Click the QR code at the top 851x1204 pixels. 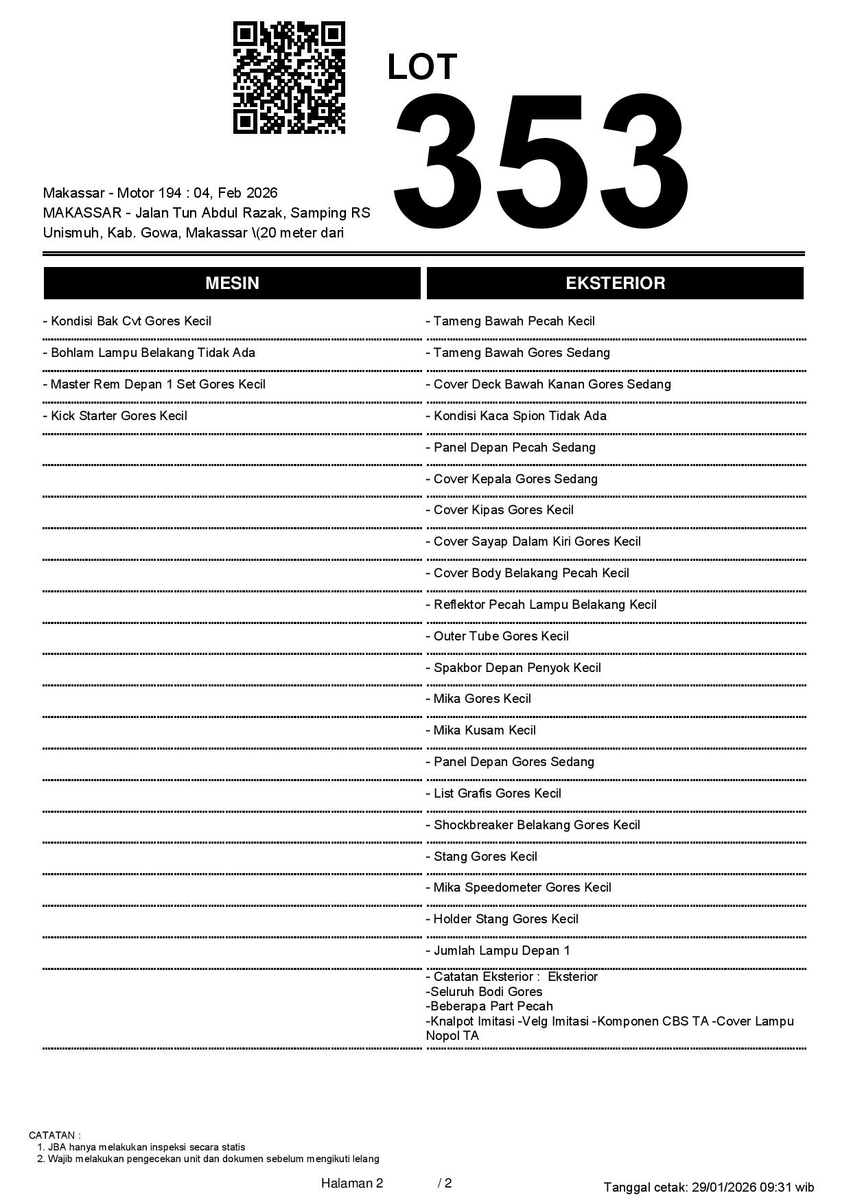click(x=289, y=78)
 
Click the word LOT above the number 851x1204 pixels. click(x=422, y=67)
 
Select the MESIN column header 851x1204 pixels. click(x=232, y=283)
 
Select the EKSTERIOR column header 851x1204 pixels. click(x=615, y=283)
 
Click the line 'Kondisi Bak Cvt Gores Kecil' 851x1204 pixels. click(x=127, y=321)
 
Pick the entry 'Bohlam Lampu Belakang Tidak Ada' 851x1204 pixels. click(x=149, y=353)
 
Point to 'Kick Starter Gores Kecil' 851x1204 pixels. click(x=115, y=416)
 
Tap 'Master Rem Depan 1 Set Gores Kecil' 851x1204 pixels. click(x=154, y=384)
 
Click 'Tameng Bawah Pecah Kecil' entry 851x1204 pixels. click(x=511, y=321)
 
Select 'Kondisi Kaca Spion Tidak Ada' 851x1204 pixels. click(x=516, y=416)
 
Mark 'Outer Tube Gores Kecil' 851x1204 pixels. click(x=498, y=636)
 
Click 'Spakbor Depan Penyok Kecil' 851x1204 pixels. click(x=513, y=668)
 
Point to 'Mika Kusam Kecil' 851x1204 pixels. click(x=481, y=730)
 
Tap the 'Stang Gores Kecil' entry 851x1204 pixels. click(x=482, y=857)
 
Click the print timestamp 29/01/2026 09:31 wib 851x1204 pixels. click(x=753, y=1187)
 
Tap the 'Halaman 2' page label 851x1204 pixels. click(x=352, y=1183)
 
